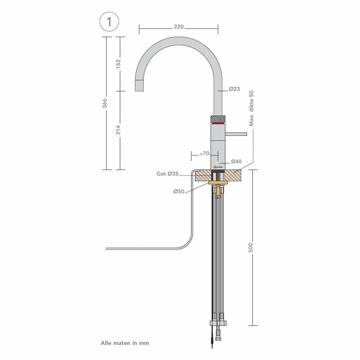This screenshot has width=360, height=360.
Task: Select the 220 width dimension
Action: pos(178,27)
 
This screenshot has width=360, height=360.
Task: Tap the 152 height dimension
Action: pos(118,64)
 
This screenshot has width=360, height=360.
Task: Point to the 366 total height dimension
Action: pos(105,103)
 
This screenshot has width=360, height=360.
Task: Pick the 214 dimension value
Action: pos(118,130)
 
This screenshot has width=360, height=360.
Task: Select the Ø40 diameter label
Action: pos(236,162)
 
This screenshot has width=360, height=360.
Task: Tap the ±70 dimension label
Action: pos(205,153)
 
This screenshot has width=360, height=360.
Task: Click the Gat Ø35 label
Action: pos(167,174)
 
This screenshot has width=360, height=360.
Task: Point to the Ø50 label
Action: pos(178,191)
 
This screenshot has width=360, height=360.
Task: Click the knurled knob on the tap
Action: pos(218,119)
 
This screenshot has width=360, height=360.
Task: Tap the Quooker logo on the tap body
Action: pos(218,164)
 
